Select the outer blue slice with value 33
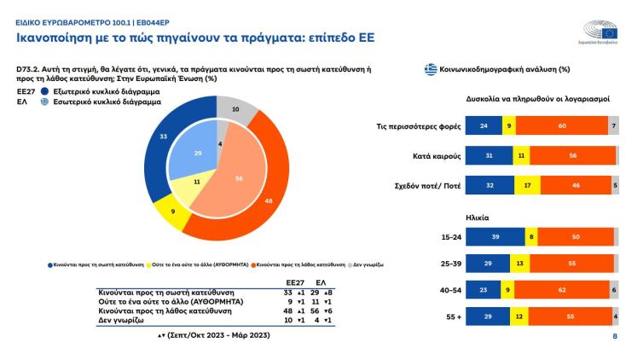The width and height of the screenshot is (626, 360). click(164, 137)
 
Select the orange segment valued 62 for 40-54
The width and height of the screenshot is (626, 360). click(561, 291)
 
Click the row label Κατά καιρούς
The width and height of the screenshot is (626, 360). click(432, 157)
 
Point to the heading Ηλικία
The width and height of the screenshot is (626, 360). click(478, 217)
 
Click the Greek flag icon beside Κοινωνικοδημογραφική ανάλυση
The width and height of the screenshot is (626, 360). click(431, 68)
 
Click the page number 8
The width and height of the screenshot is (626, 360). click(615, 336)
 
